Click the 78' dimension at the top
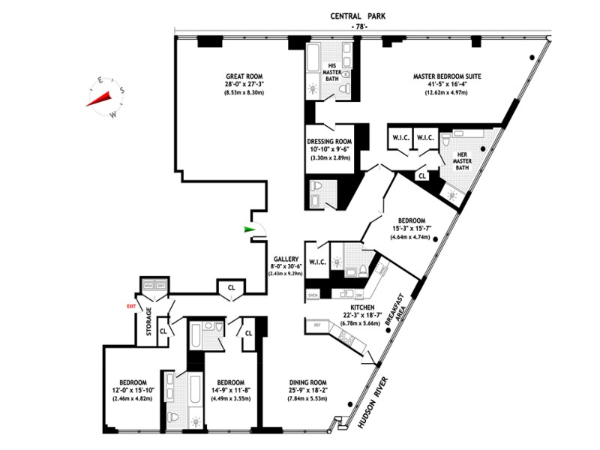pyautogui.click(x=361, y=27)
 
